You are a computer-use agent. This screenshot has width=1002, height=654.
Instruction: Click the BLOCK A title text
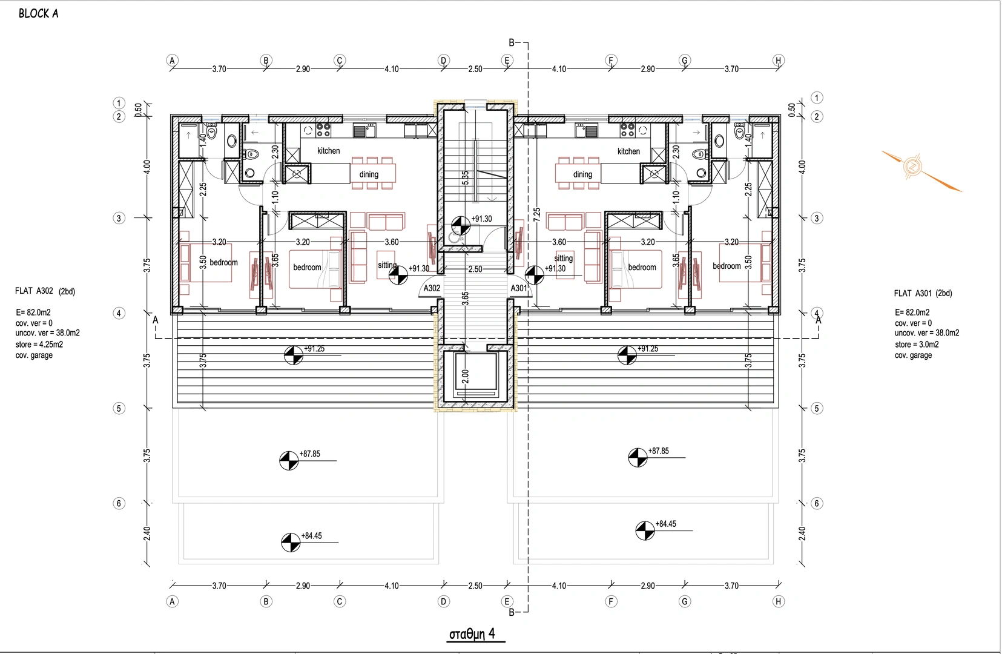pos(39,14)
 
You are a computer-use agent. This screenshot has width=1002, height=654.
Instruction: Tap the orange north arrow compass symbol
pos(912,167)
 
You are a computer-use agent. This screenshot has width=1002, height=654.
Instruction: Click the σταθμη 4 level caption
pos(472,634)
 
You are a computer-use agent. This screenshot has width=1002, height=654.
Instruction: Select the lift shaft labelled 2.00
pos(475,375)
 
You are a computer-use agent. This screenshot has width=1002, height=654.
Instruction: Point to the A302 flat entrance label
pos(432,288)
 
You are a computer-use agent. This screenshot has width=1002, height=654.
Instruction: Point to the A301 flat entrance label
pos(519,288)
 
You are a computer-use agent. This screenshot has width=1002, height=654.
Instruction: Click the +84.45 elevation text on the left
pos(311,535)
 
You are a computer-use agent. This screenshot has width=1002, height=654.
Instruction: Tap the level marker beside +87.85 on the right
pos(638,458)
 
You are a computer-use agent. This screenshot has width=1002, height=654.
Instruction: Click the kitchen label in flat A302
pos(328,151)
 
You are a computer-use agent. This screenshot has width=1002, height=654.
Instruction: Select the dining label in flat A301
pos(582,174)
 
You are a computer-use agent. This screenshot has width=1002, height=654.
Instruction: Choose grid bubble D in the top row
pos(443,61)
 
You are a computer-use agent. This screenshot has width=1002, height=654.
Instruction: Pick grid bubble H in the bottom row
pos(779,602)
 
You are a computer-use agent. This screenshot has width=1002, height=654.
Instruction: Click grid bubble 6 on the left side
pos(119,503)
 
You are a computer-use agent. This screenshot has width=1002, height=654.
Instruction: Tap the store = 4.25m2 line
pos(39,345)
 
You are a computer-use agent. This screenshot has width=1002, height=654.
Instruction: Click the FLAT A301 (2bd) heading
pos(923,294)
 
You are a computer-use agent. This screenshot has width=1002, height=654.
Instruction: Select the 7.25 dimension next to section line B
pos(537,214)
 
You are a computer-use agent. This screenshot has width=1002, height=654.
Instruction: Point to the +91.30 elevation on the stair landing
pos(481,219)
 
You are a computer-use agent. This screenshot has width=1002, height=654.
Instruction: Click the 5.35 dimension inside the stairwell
pos(465,178)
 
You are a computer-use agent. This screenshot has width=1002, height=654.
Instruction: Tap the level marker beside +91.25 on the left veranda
pos(294,355)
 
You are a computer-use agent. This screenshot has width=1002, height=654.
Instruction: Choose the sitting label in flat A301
pos(563,258)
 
